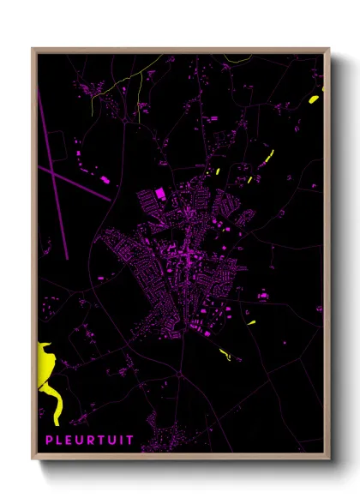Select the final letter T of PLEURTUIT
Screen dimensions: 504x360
(129, 441)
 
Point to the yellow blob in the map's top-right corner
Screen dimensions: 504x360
(315, 99)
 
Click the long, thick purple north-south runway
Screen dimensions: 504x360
(52, 171)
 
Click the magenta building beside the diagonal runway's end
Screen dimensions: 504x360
(106, 180)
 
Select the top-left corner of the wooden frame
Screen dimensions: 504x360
(33, 50)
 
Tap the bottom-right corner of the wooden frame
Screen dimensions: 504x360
(328, 459)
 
